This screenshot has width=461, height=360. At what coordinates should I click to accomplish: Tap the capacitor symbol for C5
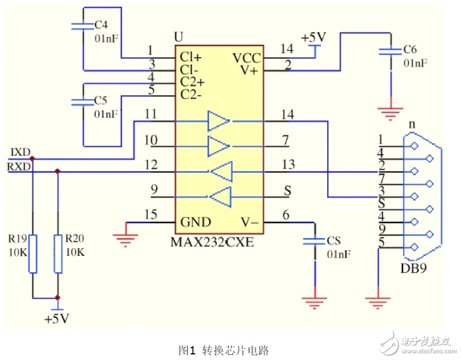[82, 102]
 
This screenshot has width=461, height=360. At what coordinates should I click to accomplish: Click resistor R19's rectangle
[32, 254]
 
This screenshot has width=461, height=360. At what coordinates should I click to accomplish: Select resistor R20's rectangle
[58, 254]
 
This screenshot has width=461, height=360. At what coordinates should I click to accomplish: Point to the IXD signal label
[20, 152]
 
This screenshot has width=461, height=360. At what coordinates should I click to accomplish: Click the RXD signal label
[19, 166]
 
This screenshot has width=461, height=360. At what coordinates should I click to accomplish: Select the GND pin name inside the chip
[195, 222]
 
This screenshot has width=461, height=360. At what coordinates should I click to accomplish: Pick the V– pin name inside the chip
[249, 222]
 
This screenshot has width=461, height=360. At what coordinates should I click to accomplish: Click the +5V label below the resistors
[57, 319]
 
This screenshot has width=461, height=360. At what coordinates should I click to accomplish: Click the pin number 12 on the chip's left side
[151, 165]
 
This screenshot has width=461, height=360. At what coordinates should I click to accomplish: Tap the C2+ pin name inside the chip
[192, 81]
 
